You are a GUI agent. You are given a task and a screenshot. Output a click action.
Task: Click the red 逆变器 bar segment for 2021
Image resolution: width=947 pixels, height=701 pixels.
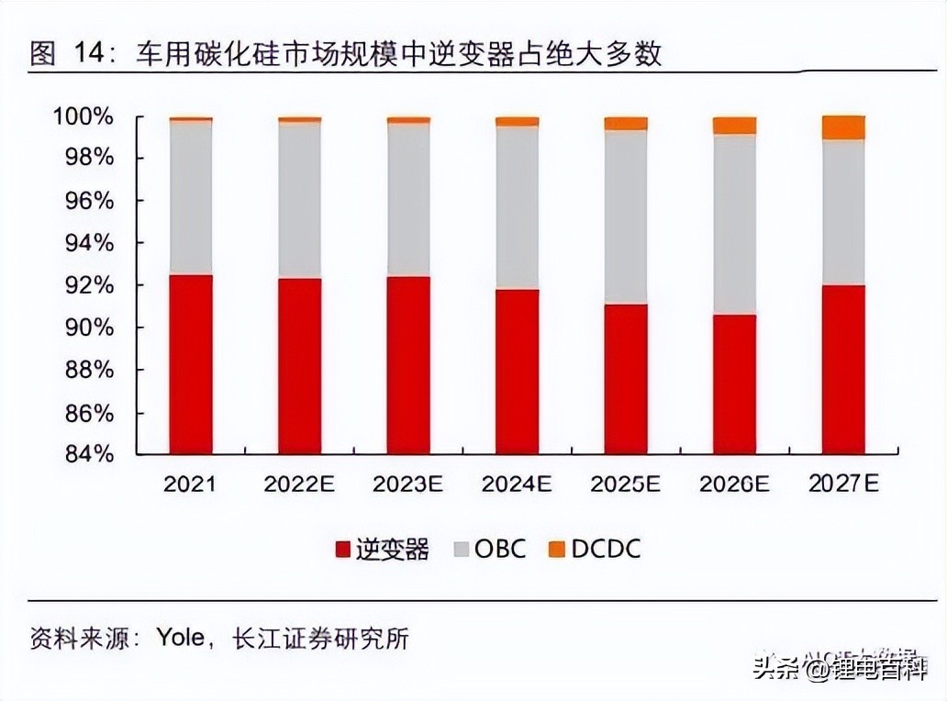tap(190, 364)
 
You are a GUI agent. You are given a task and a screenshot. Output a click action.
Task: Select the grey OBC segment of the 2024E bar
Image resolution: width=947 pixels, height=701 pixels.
tap(517, 207)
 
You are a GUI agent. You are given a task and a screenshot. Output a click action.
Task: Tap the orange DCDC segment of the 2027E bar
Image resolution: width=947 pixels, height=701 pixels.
tap(843, 128)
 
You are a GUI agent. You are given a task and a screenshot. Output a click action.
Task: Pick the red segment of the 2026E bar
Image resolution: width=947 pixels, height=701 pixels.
tap(734, 384)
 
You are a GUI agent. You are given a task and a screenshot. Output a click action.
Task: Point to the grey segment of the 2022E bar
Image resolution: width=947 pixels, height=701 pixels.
tap(299, 200)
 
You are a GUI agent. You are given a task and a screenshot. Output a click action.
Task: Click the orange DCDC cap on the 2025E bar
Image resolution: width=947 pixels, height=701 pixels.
tap(625, 123)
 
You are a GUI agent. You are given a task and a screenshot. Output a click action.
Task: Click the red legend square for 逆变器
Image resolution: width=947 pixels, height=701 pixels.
tap(343, 550)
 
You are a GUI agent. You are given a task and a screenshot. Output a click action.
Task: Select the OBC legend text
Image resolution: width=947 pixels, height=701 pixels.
tap(500, 549)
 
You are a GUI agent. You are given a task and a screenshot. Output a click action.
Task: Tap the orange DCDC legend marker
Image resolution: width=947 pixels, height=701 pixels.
tap(556, 550)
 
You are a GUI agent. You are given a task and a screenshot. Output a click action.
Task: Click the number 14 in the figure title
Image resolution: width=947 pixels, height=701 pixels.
tap(84, 54)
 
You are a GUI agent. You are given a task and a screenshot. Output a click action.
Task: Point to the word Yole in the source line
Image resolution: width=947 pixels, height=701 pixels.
tap(180, 637)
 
